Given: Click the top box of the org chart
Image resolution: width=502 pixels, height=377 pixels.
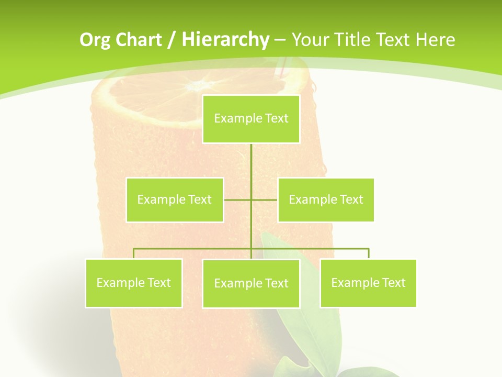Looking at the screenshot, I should click(251, 119).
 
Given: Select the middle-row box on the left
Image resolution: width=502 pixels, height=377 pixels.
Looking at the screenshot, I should click(175, 199).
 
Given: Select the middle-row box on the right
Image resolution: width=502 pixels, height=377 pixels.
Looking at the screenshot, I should click(326, 199).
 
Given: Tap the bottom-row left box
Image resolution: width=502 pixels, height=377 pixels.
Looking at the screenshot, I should click(134, 283).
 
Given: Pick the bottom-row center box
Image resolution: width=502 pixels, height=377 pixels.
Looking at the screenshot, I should click(251, 283).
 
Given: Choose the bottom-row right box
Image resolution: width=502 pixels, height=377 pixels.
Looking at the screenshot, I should click(368, 283).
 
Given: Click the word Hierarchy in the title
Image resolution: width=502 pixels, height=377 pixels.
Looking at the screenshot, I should click(225, 40).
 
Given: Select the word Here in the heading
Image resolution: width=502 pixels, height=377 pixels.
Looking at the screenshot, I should click(435, 40).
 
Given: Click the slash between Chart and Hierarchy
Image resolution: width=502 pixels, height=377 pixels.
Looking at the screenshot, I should click(171, 40).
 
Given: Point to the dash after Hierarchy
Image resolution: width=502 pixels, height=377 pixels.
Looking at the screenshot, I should click(280, 40).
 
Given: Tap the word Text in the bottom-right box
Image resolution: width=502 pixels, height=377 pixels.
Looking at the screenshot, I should click(393, 283).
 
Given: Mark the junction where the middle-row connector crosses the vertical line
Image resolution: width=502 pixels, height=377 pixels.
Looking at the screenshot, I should click(251, 199).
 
